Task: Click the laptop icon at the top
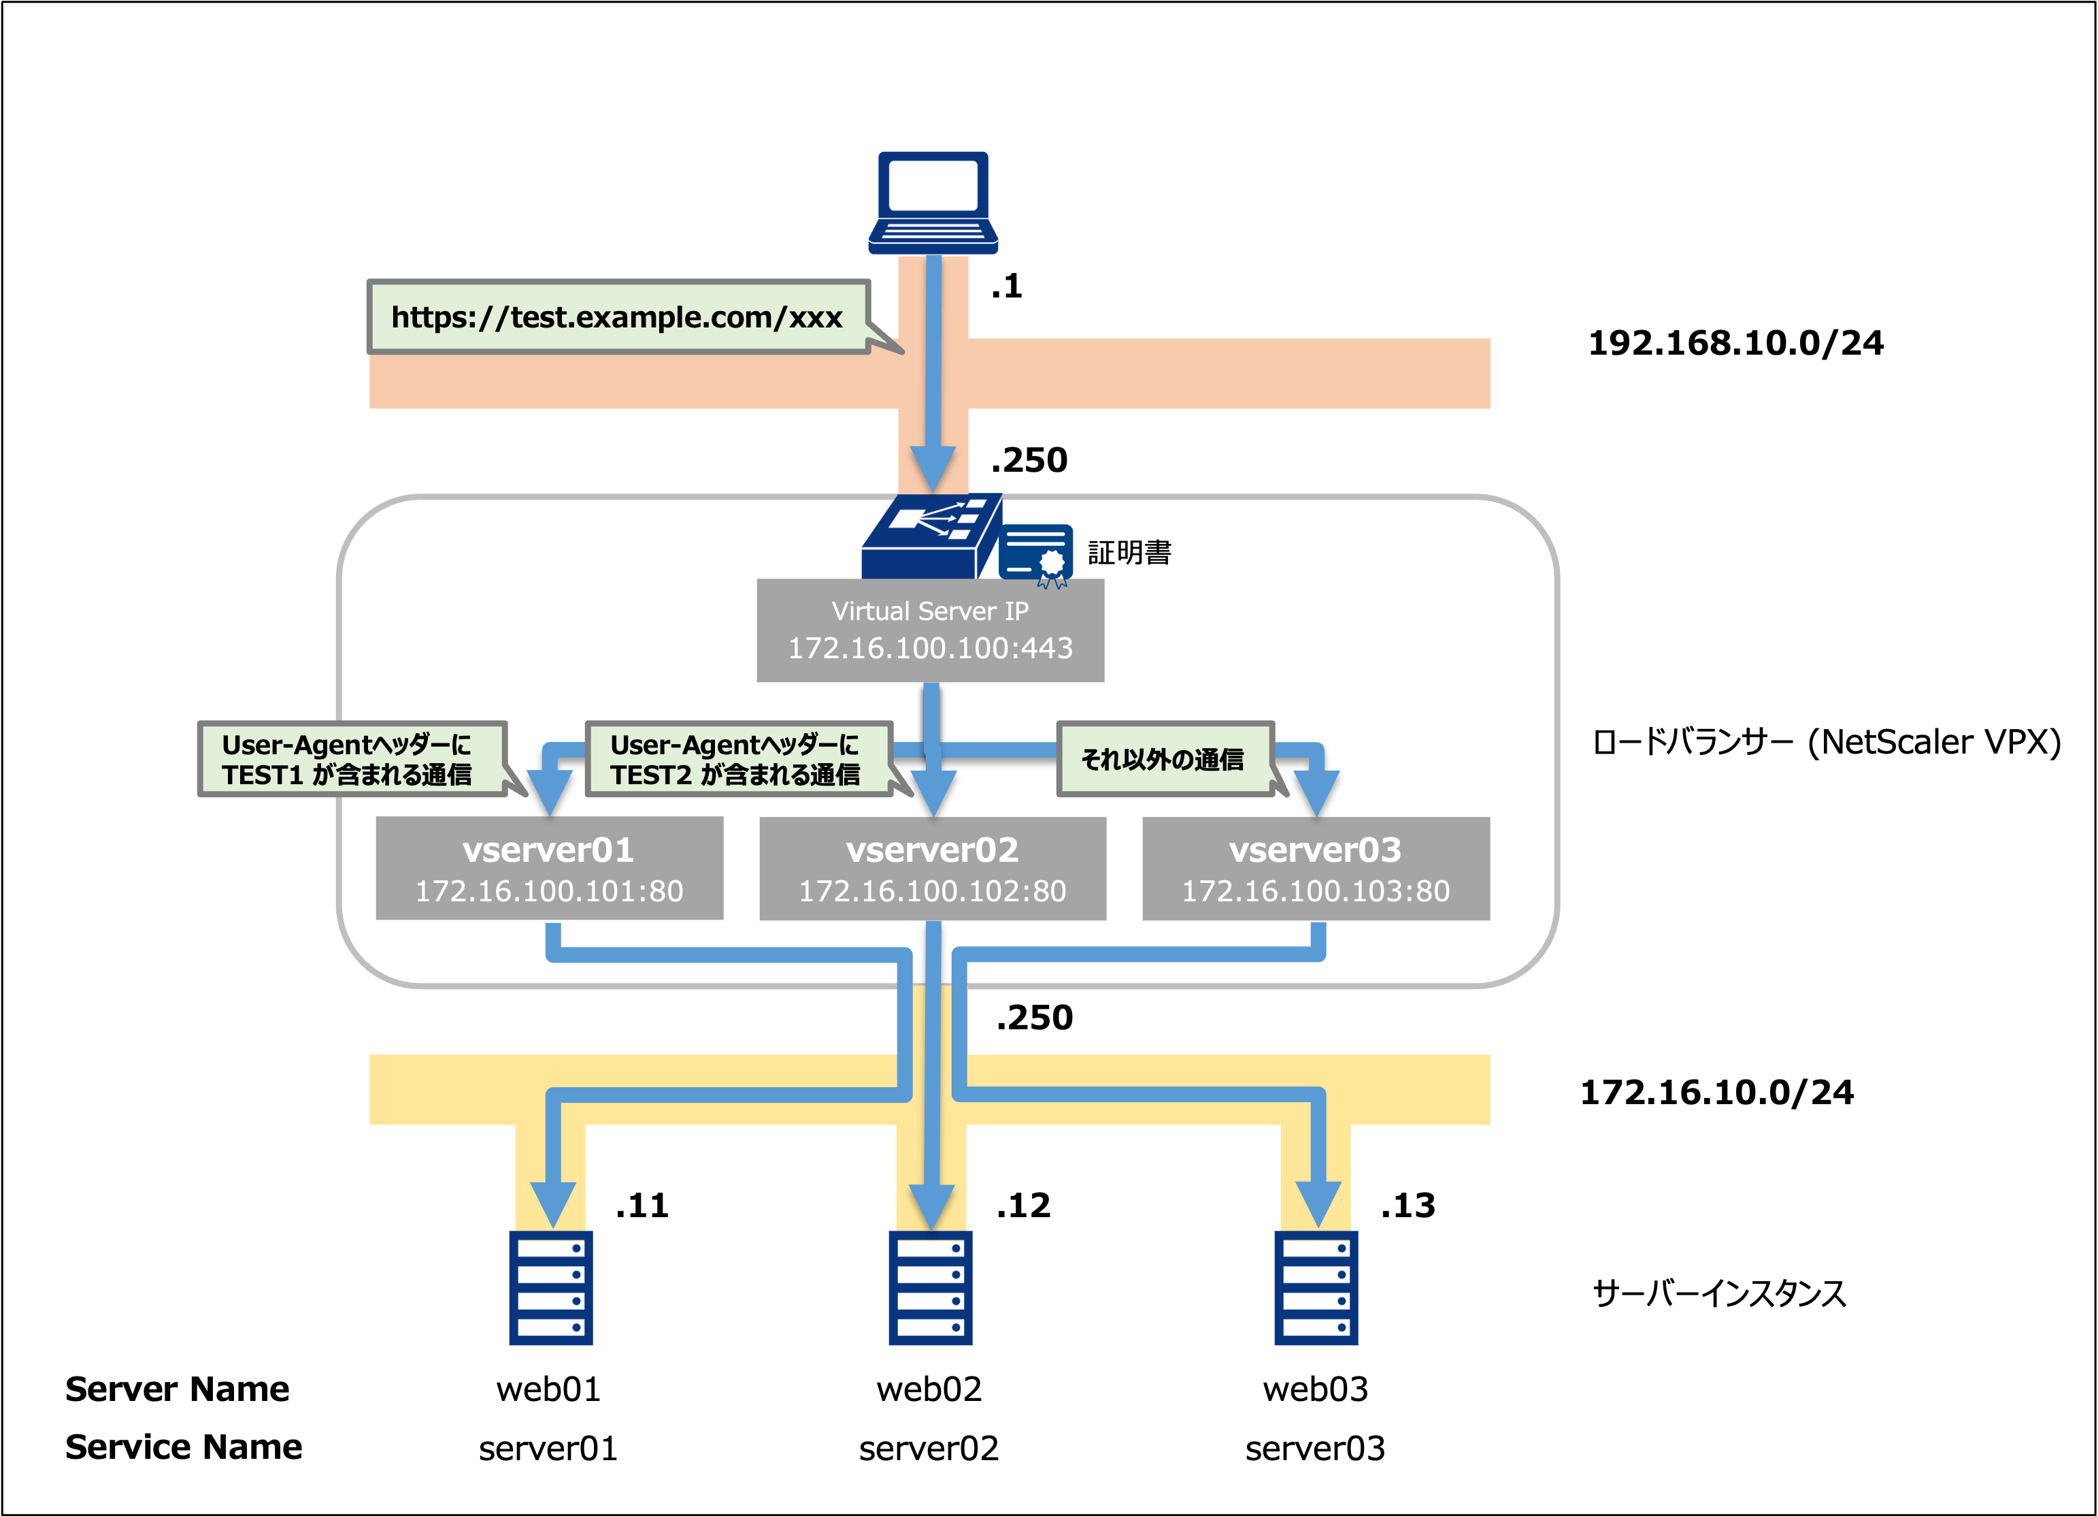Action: [x=933, y=201]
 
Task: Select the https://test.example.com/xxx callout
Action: [x=618, y=317]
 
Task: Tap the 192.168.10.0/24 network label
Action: [x=1735, y=343]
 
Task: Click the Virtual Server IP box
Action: [x=930, y=630]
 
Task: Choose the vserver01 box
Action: [x=550, y=868]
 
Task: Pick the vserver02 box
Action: [x=933, y=868]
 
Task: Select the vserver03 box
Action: [x=1316, y=868]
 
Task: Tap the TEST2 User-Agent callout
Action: [x=738, y=759]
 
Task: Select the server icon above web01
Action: [x=551, y=1287]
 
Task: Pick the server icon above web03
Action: [x=1316, y=1287]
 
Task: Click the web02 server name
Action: [x=929, y=1389]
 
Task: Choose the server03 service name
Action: [x=1314, y=1449]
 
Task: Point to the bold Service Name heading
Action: [x=183, y=1447]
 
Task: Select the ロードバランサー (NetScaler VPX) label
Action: [x=1826, y=742]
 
